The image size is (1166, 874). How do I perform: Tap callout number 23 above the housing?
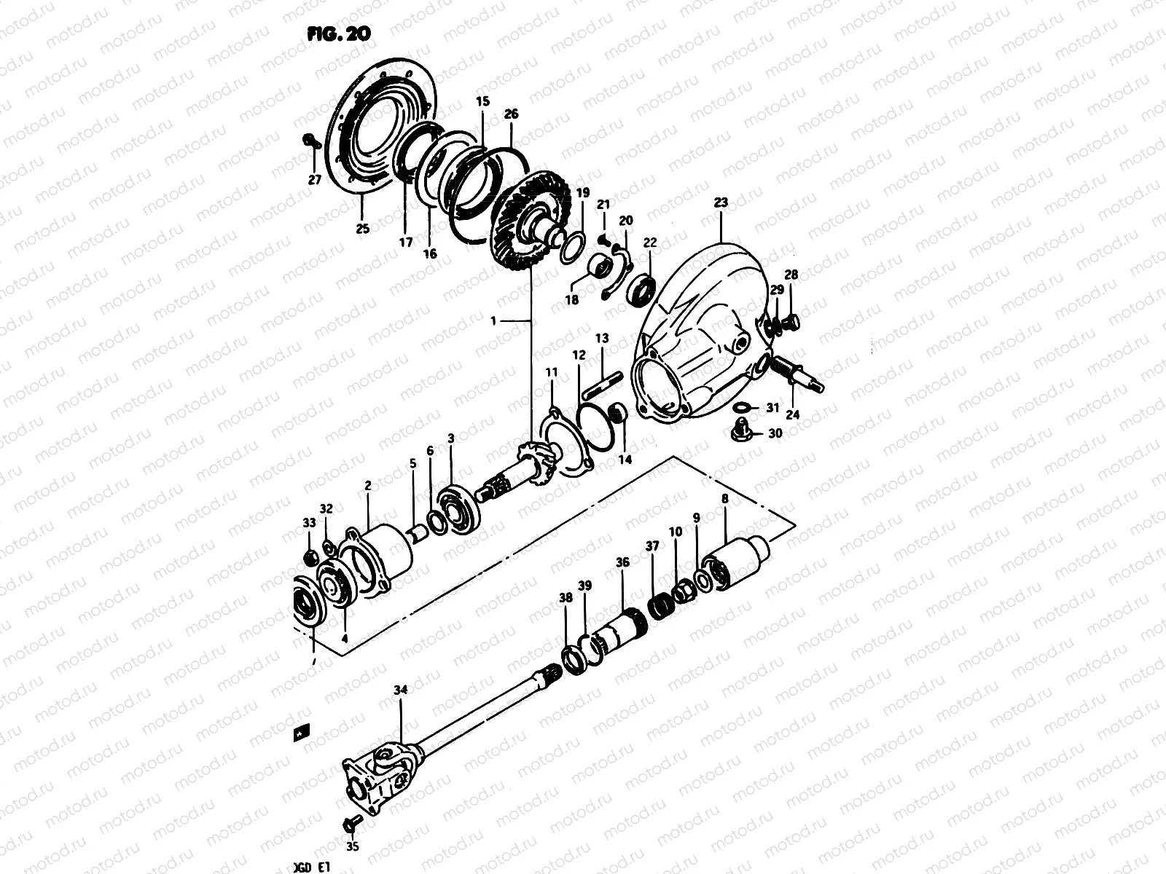click(x=721, y=204)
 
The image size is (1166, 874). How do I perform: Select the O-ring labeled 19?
click(x=572, y=248)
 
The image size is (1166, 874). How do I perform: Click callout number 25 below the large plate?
click(x=362, y=229)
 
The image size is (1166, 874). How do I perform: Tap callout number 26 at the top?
click(x=511, y=114)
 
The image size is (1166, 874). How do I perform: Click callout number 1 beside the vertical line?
click(x=513, y=320)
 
